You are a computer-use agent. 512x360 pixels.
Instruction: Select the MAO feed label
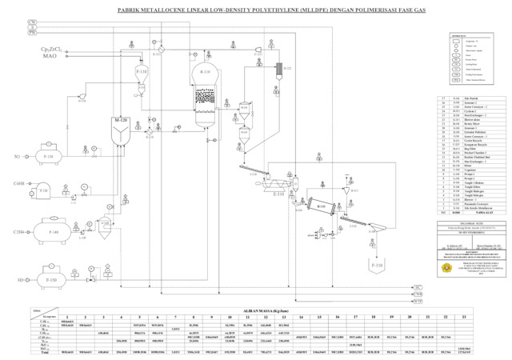(49, 58)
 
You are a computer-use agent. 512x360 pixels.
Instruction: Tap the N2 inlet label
(16, 156)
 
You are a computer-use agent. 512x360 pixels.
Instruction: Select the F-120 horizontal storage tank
(50, 158)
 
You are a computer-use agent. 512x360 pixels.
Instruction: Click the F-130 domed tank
(42, 191)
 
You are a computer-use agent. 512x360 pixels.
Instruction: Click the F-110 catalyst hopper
(142, 74)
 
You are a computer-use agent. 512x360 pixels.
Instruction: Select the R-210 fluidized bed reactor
(206, 92)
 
